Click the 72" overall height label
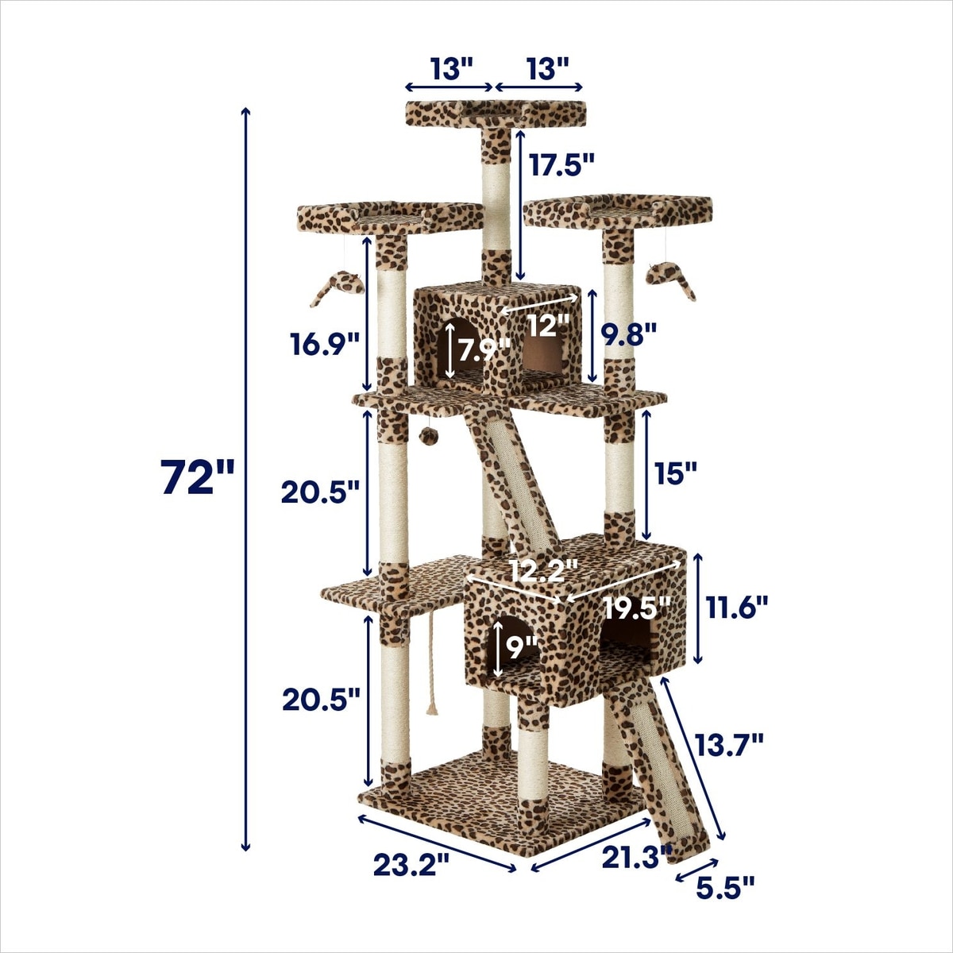click(x=197, y=476)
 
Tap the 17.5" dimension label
click(x=561, y=164)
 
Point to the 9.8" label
click(x=628, y=335)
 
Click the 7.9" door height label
click(x=483, y=351)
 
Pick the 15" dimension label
click(x=675, y=473)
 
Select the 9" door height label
click(x=521, y=648)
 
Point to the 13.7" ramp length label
click(x=728, y=758)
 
